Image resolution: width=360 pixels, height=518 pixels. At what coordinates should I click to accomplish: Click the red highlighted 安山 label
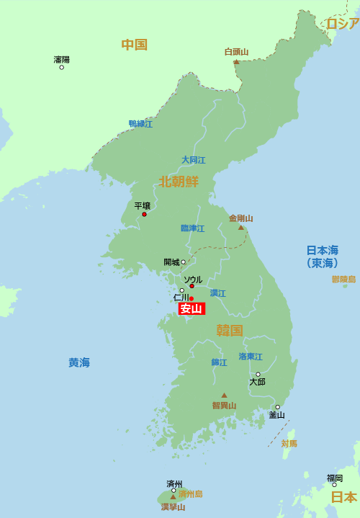[192, 309]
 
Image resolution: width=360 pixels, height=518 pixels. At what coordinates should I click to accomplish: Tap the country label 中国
[134, 45]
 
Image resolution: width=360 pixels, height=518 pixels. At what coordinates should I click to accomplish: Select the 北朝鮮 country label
[179, 182]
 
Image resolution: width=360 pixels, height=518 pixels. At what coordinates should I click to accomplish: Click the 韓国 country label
[230, 331]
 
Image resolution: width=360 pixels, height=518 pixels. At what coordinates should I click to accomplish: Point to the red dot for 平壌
[144, 214]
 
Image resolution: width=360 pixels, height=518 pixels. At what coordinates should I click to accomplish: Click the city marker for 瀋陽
[61, 67]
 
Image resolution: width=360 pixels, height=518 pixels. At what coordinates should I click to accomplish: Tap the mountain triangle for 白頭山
[236, 62]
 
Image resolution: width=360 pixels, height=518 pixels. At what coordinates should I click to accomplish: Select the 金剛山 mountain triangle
[241, 228]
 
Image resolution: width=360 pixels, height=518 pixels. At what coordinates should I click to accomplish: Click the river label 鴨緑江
[140, 124]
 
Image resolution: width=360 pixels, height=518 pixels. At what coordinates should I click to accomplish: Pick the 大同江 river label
[193, 160]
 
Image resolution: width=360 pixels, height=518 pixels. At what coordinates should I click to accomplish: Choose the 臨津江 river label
[192, 228]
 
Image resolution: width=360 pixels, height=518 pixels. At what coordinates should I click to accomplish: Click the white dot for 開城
[183, 262]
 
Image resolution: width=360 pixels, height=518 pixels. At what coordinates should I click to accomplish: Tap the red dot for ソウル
[192, 287]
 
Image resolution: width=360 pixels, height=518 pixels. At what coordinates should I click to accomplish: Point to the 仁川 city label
[181, 298]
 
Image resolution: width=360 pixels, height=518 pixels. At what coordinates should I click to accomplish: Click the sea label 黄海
[79, 362]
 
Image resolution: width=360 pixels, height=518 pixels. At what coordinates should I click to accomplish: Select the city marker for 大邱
[258, 374]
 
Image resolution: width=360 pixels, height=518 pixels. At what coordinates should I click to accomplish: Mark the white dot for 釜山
[277, 407]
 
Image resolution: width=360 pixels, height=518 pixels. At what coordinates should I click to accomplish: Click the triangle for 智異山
[224, 395]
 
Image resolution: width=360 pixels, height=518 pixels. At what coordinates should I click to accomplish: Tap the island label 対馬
[289, 443]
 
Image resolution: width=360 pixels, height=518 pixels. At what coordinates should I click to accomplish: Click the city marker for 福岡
[334, 485]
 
